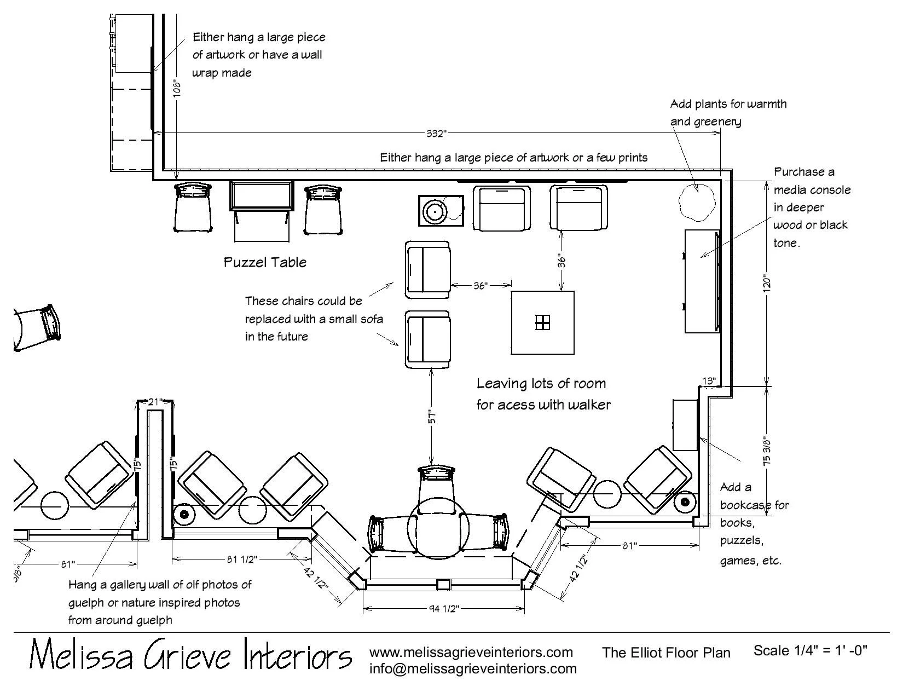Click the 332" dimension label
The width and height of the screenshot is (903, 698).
pos(437,134)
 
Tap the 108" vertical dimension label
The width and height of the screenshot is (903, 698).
pos(176,89)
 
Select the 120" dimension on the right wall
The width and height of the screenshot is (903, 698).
pos(767,284)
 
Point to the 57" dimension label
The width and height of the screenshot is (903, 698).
pos(432,417)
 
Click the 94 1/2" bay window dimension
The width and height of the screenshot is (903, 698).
pos(443,608)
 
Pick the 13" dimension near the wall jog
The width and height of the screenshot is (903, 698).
pos(709,380)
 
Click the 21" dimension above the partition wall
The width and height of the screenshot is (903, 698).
pos(155,402)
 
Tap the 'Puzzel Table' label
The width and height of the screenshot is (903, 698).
pos(265,262)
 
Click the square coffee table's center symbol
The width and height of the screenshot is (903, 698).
pos(542,322)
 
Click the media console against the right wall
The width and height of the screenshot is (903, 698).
pos(702,281)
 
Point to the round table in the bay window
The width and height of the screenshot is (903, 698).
pos(439,529)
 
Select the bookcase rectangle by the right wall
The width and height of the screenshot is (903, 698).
pos(684,425)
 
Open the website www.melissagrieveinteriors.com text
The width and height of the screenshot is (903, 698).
pos(471,652)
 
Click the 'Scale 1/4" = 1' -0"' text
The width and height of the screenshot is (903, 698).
pos(810,650)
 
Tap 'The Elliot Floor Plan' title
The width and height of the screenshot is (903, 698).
pos(666,653)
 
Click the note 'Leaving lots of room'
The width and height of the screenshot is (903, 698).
pos(541,383)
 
